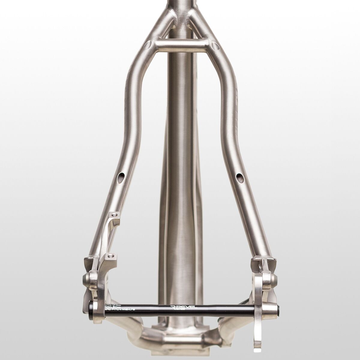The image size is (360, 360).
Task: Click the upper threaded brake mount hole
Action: tap(114, 214)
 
